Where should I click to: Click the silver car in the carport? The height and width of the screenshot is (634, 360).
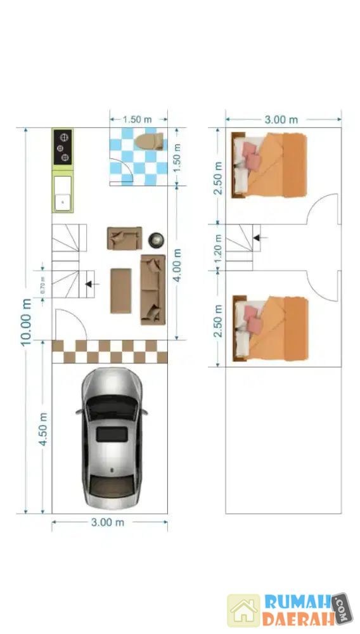coord(112,438)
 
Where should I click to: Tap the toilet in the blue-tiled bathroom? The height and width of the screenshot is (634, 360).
coord(149,141)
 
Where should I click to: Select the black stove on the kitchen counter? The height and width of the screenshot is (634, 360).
coord(63,147)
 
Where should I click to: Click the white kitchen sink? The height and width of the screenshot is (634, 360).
coord(63,193)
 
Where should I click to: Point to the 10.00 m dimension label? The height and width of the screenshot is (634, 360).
coord(26,322)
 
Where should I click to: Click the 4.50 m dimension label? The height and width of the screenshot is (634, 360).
coord(43,429)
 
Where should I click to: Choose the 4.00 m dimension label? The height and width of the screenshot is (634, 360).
coord(177,265)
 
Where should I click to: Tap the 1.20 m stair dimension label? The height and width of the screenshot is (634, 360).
coord(218,247)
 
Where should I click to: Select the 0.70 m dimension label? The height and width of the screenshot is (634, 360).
coord(43,284)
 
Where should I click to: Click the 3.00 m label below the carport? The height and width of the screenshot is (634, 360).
coord(108,522)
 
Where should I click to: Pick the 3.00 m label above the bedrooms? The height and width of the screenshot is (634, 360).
coord(281,120)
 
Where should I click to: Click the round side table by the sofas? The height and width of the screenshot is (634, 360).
coord(156,240)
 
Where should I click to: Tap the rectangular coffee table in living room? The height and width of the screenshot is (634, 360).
coord(121,291)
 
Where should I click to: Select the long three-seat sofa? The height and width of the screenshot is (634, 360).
coord(153,290)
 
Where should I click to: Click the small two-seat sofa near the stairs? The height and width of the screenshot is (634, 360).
coord(124,238)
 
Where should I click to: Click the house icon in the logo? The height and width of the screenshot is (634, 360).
coord(243,610)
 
